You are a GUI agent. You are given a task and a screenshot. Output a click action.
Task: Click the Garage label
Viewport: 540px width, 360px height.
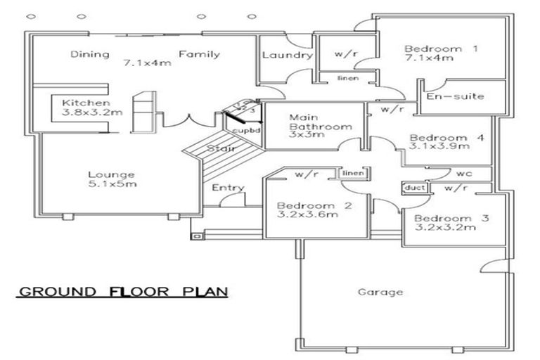pos(380,292)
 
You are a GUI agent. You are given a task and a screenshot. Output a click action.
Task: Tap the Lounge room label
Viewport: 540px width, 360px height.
pos(112,174)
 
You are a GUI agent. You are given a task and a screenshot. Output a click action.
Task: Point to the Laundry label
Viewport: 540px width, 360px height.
pos(286,56)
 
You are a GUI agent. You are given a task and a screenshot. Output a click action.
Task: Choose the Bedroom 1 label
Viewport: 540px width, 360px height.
pos(441,49)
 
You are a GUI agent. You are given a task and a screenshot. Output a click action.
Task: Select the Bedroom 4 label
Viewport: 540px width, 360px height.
pos(446,138)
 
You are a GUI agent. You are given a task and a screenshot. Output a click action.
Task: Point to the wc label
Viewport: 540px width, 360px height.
pos(463,172)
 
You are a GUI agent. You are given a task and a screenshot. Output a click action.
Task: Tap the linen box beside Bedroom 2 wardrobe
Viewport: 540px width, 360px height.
pos(352,172)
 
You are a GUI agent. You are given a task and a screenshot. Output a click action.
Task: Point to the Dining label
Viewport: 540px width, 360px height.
pos(89,54)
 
